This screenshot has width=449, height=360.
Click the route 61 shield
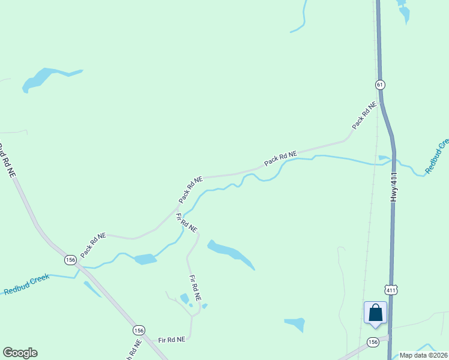click(380, 85)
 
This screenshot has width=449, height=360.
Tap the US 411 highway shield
click(391, 290)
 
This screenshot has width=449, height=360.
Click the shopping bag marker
click(375, 313)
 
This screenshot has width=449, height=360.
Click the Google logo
click(20, 353)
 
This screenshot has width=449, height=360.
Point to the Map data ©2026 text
click(424, 355)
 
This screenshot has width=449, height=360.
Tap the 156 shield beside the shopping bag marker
click(373, 342)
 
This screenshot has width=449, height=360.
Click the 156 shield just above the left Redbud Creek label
click(71, 260)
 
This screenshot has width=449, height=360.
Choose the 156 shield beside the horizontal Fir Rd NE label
click(139, 331)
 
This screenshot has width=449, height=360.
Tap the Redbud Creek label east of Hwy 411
click(437, 157)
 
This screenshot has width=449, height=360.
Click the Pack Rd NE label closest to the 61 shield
click(364, 116)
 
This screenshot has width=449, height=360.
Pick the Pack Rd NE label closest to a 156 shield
click(93, 245)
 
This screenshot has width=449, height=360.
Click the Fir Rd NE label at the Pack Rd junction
click(187, 223)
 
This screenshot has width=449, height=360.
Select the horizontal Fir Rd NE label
click(172, 340)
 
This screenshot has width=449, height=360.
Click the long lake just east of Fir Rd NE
click(231, 254)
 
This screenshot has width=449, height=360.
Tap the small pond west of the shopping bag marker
click(295, 324)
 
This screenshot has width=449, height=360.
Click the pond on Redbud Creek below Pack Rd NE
click(145, 259)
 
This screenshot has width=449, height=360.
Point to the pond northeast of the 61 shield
click(403, 12)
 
